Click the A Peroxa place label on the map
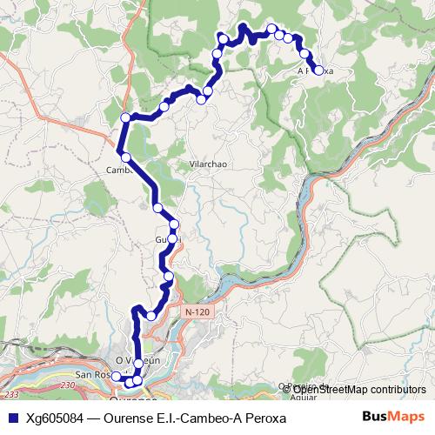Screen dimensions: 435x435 coord(315,70)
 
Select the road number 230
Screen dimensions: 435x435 coord(70,384)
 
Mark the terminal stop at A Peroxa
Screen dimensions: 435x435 coord(318,70)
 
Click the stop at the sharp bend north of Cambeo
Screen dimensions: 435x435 coord(126,117)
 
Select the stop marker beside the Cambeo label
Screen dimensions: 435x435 coord(127,157)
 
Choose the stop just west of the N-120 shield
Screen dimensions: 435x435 coord(152,315)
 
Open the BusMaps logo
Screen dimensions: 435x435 coord(393,417)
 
